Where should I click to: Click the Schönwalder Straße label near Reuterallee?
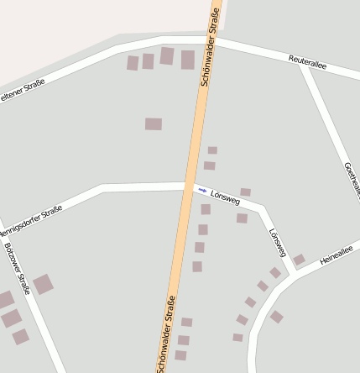tap(211, 46)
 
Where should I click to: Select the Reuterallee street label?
tap(306, 61)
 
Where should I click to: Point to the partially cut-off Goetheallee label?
tap(351, 179)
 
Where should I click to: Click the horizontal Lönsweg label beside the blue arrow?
tap(226, 196)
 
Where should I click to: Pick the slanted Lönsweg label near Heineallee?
tap(277, 242)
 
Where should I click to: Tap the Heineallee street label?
tap(337, 255)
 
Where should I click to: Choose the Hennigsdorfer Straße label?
tap(30, 220)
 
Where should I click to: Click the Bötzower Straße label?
tap(17, 268)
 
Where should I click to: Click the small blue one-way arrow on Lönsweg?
tap(201, 190)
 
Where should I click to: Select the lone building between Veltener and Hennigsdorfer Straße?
tap(153, 123)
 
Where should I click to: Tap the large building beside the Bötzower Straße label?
tap(43, 284)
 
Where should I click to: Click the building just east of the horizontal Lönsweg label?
tap(245, 192)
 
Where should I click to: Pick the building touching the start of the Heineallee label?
tap(299, 260)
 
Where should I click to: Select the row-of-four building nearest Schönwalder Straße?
tap(187, 59)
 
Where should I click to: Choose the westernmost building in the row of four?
tap(133, 63)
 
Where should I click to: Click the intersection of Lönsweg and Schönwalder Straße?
tap(190, 185)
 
